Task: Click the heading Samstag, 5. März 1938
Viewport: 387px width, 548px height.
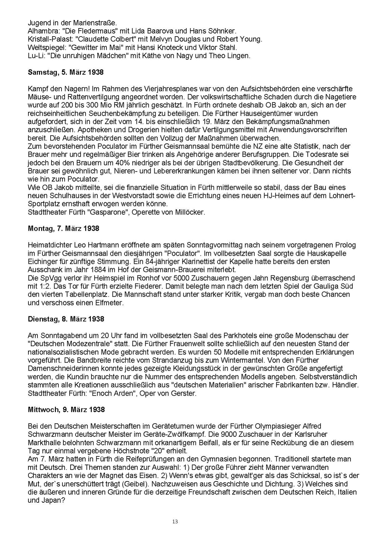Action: click(66, 72)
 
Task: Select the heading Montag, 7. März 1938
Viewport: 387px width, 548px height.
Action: click(63, 229)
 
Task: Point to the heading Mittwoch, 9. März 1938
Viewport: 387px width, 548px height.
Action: click(66, 409)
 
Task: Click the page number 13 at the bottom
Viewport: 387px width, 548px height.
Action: click(175, 521)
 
